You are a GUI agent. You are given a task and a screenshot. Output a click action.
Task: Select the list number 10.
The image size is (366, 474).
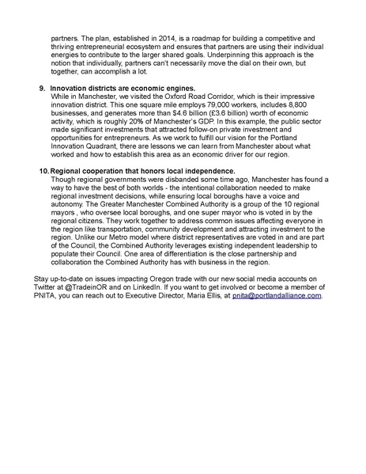tap(43, 171)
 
